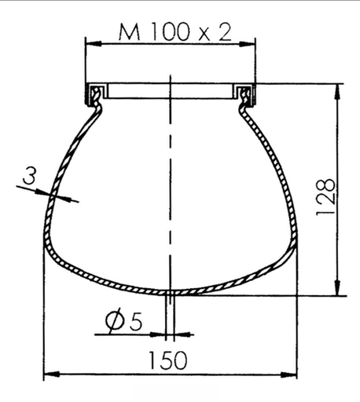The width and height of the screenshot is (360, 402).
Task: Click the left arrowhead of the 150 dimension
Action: click(x=47, y=374)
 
